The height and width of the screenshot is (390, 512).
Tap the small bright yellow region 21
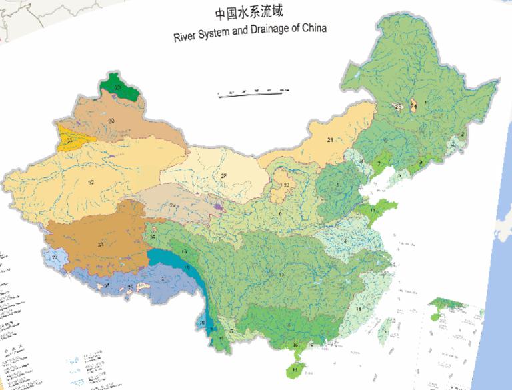(x=70, y=140)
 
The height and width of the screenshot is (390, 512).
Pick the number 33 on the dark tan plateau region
(x=101, y=245)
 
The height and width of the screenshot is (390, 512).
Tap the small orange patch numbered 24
(x=413, y=105)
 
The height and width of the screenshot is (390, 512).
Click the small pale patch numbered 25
(x=399, y=107)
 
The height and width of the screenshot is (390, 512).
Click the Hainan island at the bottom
(x=294, y=369)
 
